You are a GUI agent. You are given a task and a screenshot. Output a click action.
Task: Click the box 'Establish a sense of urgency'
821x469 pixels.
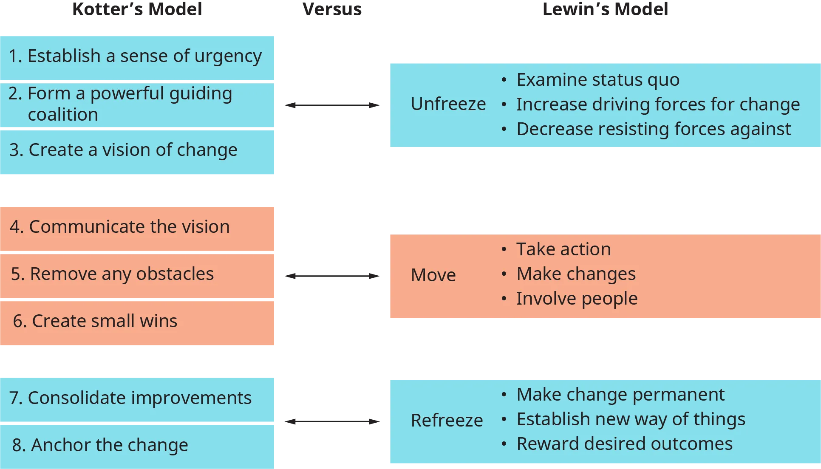click(x=135, y=56)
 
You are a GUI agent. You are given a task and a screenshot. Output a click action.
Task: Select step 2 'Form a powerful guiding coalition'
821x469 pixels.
click(x=121, y=104)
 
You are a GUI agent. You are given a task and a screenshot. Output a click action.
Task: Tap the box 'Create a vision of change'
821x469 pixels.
click(x=123, y=150)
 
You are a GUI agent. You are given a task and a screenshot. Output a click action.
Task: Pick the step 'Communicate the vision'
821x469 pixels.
click(x=120, y=227)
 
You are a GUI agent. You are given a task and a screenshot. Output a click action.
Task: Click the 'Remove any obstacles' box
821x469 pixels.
click(x=113, y=274)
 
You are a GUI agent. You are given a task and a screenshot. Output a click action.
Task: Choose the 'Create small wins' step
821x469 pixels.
click(x=95, y=321)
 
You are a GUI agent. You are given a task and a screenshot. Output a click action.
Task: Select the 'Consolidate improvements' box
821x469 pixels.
click(x=130, y=398)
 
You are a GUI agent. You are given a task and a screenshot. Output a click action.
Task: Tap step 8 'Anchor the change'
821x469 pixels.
click(x=100, y=445)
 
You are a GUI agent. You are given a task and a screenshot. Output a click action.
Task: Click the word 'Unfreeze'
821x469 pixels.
click(x=448, y=104)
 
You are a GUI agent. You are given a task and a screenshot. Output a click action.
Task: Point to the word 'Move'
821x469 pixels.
click(x=433, y=275)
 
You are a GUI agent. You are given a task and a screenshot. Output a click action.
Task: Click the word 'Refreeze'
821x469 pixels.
click(x=447, y=421)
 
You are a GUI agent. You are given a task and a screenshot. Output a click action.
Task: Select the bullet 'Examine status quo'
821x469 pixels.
click(x=597, y=80)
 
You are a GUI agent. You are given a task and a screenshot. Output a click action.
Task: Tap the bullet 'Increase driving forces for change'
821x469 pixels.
click(x=658, y=105)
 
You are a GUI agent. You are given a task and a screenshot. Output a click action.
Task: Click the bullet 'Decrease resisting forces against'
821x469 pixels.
click(x=653, y=129)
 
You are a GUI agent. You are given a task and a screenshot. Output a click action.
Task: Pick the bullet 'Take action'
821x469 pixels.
click(x=563, y=249)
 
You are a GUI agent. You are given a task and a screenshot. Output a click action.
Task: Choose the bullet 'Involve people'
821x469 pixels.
click(x=577, y=299)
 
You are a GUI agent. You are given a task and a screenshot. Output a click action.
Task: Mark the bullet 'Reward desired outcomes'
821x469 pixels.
click(x=624, y=444)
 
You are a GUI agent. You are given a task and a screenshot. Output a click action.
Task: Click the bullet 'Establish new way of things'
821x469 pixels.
click(x=631, y=419)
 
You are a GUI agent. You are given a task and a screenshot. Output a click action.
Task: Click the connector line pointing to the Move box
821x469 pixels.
click(x=331, y=277)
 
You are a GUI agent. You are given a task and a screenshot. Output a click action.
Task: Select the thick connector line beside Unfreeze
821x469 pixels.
click(x=331, y=105)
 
